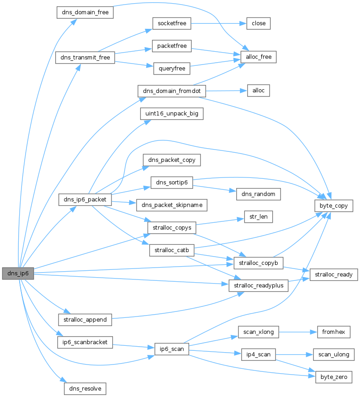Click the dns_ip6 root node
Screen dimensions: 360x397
pos(18,274)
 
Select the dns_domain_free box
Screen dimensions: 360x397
pos(85,12)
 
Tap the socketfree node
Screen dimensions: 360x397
pos(172,23)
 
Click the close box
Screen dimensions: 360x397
pos(259,23)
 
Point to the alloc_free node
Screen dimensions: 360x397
pos(259,57)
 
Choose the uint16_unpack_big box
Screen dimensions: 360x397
pos(172,113)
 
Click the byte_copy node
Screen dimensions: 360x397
pos(334,206)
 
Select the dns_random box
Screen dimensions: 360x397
pos(258,194)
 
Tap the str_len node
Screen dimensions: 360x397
pos(258,217)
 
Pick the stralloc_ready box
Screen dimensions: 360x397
pos(334,274)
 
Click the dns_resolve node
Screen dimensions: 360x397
pos(85,389)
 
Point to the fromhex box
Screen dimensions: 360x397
pos(334,332)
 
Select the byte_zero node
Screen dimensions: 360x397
pos(334,377)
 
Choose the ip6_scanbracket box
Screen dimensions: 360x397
pos(85,342)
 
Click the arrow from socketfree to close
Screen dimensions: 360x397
pos(219,23)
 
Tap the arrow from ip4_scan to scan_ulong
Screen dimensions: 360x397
pos(295,354)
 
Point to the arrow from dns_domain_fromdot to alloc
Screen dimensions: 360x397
pos(226,91)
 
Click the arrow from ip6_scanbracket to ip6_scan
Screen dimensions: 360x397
pos(133,346)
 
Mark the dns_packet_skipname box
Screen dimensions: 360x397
pos(172,205)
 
